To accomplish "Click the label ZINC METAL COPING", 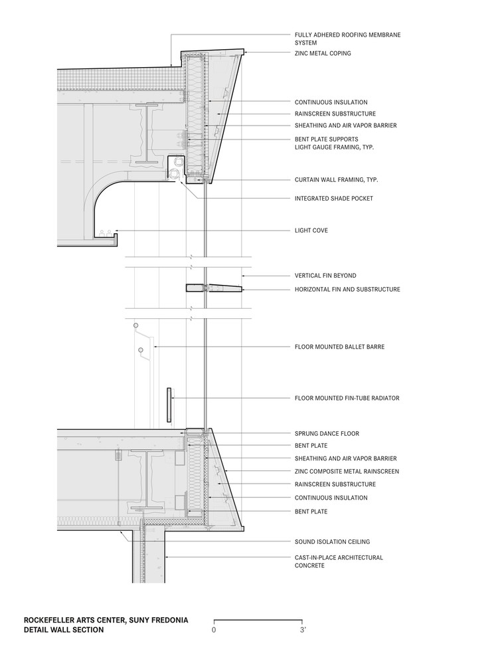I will [323, 53].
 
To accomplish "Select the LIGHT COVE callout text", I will [311, 230].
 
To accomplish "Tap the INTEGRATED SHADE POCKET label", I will [333, 198].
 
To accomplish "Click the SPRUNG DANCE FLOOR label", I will [327, 434].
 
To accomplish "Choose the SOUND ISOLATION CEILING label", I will [332, 542].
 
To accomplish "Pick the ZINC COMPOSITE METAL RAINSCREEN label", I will [347, 472].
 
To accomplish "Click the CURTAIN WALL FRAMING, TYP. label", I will [336, 179].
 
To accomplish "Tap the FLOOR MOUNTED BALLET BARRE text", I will [339, 347].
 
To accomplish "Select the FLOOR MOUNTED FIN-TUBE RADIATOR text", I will [347, 398].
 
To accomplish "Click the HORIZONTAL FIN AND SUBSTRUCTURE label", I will [347, 290].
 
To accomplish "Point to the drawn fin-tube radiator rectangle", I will [169, 405].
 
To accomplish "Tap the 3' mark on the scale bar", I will [303, 628].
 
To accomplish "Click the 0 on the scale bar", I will [214, 628].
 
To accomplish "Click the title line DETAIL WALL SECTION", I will [64, 630].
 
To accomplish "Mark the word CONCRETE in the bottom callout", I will [309, 566].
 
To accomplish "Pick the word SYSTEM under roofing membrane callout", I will [307, 43].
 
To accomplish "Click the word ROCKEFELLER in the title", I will [51, 620].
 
